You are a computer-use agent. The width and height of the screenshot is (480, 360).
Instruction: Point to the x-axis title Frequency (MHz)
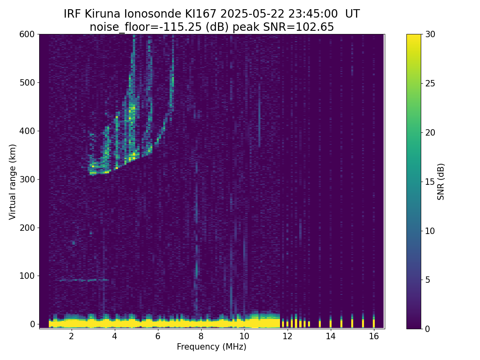[x=212, y=347]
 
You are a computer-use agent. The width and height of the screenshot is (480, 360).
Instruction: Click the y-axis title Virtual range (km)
[x=13, y=182]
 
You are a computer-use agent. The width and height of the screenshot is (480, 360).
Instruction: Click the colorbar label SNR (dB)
[x=441, y=182]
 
